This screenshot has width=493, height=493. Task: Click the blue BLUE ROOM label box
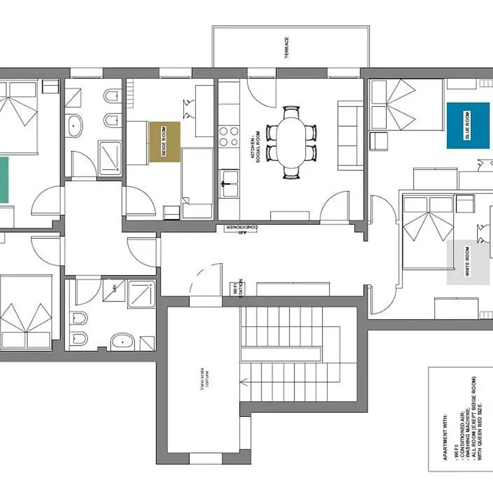click(x=464, y=125)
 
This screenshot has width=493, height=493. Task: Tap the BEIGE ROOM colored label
click(x=165, y=141)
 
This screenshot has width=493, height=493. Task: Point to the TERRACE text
click(x=287, y=48)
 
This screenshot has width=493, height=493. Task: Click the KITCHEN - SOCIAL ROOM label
click(x=254, y=150)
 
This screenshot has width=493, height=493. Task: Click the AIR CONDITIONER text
click(x=242, y=227)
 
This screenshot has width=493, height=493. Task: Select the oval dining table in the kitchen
click(x=291, y=141)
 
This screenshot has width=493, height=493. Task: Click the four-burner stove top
click(x=229, y=137)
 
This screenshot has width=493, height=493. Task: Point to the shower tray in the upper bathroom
click(x=110, y=158)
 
